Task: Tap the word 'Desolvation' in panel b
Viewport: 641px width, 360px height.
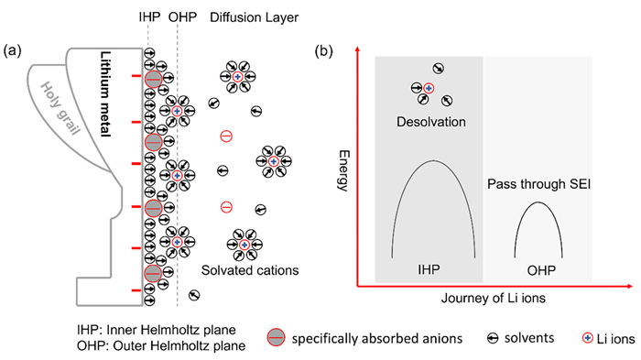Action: pyautogui.click(x=429, y=122)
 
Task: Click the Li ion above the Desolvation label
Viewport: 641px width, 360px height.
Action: pyautogui.click(x=428, y=88)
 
